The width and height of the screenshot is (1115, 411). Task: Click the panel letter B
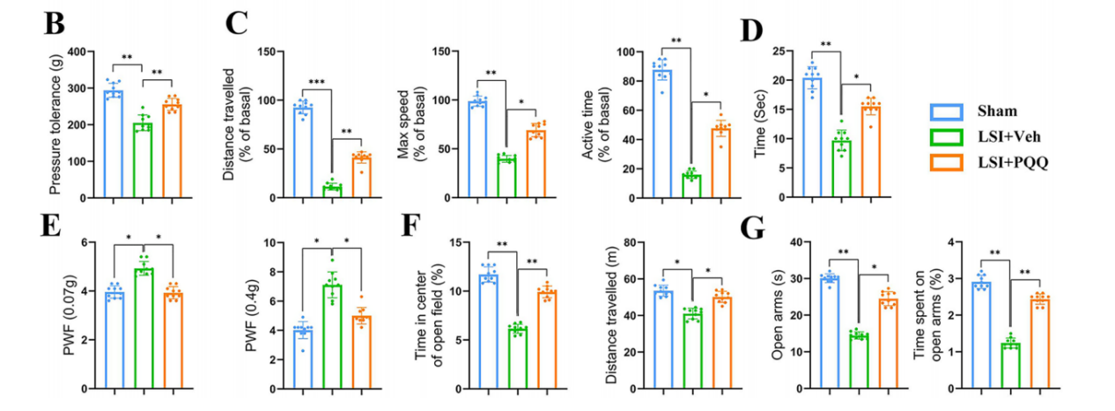point(55,25)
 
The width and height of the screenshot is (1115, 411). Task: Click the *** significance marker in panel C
point(316,82)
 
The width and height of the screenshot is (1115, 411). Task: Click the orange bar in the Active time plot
point(721,162)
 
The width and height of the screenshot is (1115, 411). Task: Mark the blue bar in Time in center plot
point(490,331)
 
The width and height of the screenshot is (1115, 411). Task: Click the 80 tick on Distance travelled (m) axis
point(632,242)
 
